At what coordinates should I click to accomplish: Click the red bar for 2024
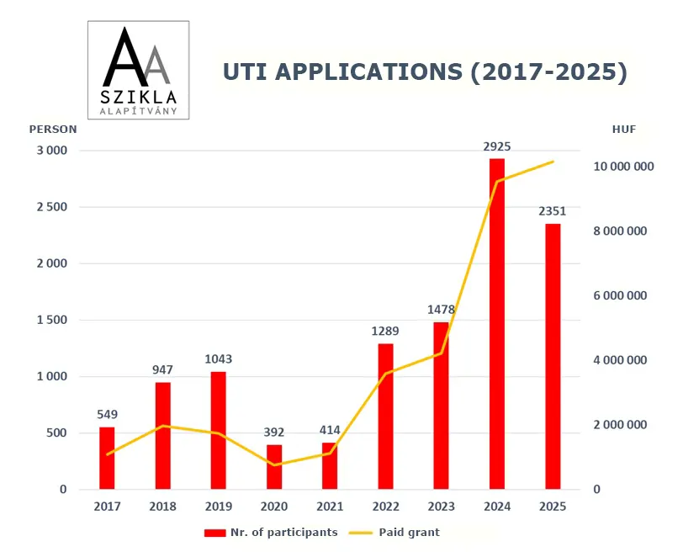[x=497, y=324]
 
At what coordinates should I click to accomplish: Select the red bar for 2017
[x=107, y=458]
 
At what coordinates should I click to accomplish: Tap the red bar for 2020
[x=274, y=467]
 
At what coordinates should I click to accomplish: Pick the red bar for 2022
[x=385, y=416]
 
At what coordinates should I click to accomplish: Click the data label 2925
[x=497, y=146]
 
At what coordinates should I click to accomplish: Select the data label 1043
[x=219, y=359]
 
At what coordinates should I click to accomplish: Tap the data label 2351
[x=553, y=211]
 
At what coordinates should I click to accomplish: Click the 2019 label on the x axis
[x=219, y=507]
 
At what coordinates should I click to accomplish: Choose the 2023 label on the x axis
[x=442, y=507]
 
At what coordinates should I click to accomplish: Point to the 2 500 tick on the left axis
[x=50, y=207]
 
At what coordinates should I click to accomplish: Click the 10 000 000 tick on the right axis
[x=623, y=167]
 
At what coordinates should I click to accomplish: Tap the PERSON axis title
[x=53, y=130]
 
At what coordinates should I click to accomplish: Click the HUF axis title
[x=624, y=130]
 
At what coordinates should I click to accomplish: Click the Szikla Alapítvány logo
[x=139, y=71]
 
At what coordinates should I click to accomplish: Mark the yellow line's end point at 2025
[x=553, y=162]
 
